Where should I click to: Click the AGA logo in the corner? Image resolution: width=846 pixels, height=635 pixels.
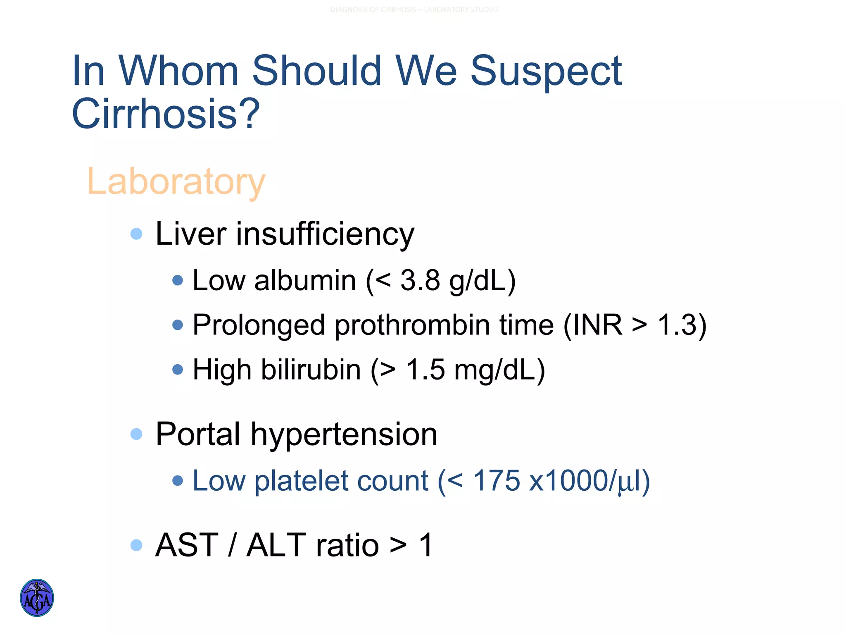click(x=37, y=597)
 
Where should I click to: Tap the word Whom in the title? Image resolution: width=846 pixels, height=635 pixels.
click(x=178, y=71)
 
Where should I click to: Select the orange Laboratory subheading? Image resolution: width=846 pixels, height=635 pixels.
click(x=176, y=182)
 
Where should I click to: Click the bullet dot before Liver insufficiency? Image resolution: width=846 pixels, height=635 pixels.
click(x=136, y=234)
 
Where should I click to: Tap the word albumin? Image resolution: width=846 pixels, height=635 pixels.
click(x=305, y=280)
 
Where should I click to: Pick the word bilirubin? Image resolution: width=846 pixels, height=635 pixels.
click(x=311, y=369)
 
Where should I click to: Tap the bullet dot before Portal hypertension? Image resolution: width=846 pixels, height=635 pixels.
click(x=136, y=434)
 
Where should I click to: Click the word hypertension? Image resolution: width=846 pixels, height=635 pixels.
click(x=344, y=435)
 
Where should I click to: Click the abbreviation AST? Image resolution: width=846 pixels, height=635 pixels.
click(x=187, y=545)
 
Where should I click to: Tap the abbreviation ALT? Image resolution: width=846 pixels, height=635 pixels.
click(x=276, y=545)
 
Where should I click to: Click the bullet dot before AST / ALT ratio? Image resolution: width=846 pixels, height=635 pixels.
click(x=136, y=545)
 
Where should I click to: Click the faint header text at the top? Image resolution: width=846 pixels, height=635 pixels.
click(x=414, y=10)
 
